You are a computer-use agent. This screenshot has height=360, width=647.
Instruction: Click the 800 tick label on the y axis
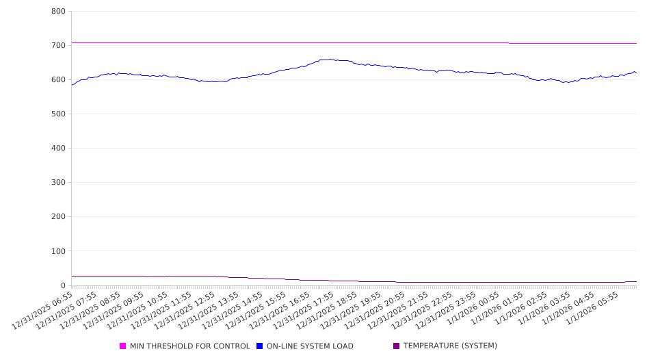click(x=58, y=12)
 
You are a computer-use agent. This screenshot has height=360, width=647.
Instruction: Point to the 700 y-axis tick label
click(x=58, y=46)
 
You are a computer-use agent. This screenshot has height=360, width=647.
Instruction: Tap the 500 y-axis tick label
click(x=58, y=114)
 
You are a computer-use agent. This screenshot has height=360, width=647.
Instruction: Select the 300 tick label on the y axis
click(x=58, y=183)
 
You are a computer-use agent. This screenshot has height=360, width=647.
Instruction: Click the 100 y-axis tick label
click(x=58, y=251)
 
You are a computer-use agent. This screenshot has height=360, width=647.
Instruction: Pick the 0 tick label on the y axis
click(x=62, y=285)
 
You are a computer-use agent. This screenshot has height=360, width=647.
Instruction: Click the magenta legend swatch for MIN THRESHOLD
click(x=123, y=346)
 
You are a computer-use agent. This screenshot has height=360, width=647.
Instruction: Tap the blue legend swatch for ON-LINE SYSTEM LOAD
click(x=260, y=346)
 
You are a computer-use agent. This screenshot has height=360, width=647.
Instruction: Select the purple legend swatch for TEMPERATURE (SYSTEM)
click(x=397, y=346)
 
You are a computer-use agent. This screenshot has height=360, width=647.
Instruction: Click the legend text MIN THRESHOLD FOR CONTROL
click(x=189, y=346)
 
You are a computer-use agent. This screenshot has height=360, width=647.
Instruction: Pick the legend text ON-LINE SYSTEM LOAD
click(x=310, y=346)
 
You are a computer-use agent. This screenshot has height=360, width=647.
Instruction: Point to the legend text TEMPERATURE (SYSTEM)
click(x=450, y=346)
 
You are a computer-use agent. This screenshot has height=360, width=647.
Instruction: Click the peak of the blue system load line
click(x=330, y=60)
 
